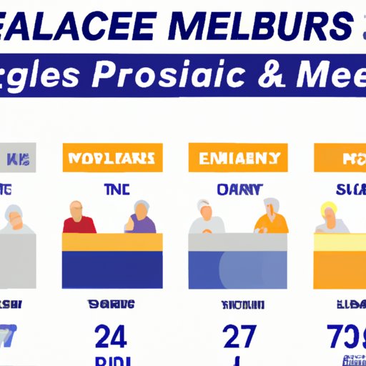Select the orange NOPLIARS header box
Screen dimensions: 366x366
(112, 157)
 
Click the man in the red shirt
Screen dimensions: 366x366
(78, 218)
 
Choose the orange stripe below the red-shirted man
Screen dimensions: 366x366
(112, 242)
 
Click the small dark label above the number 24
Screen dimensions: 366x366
(112, 303)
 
